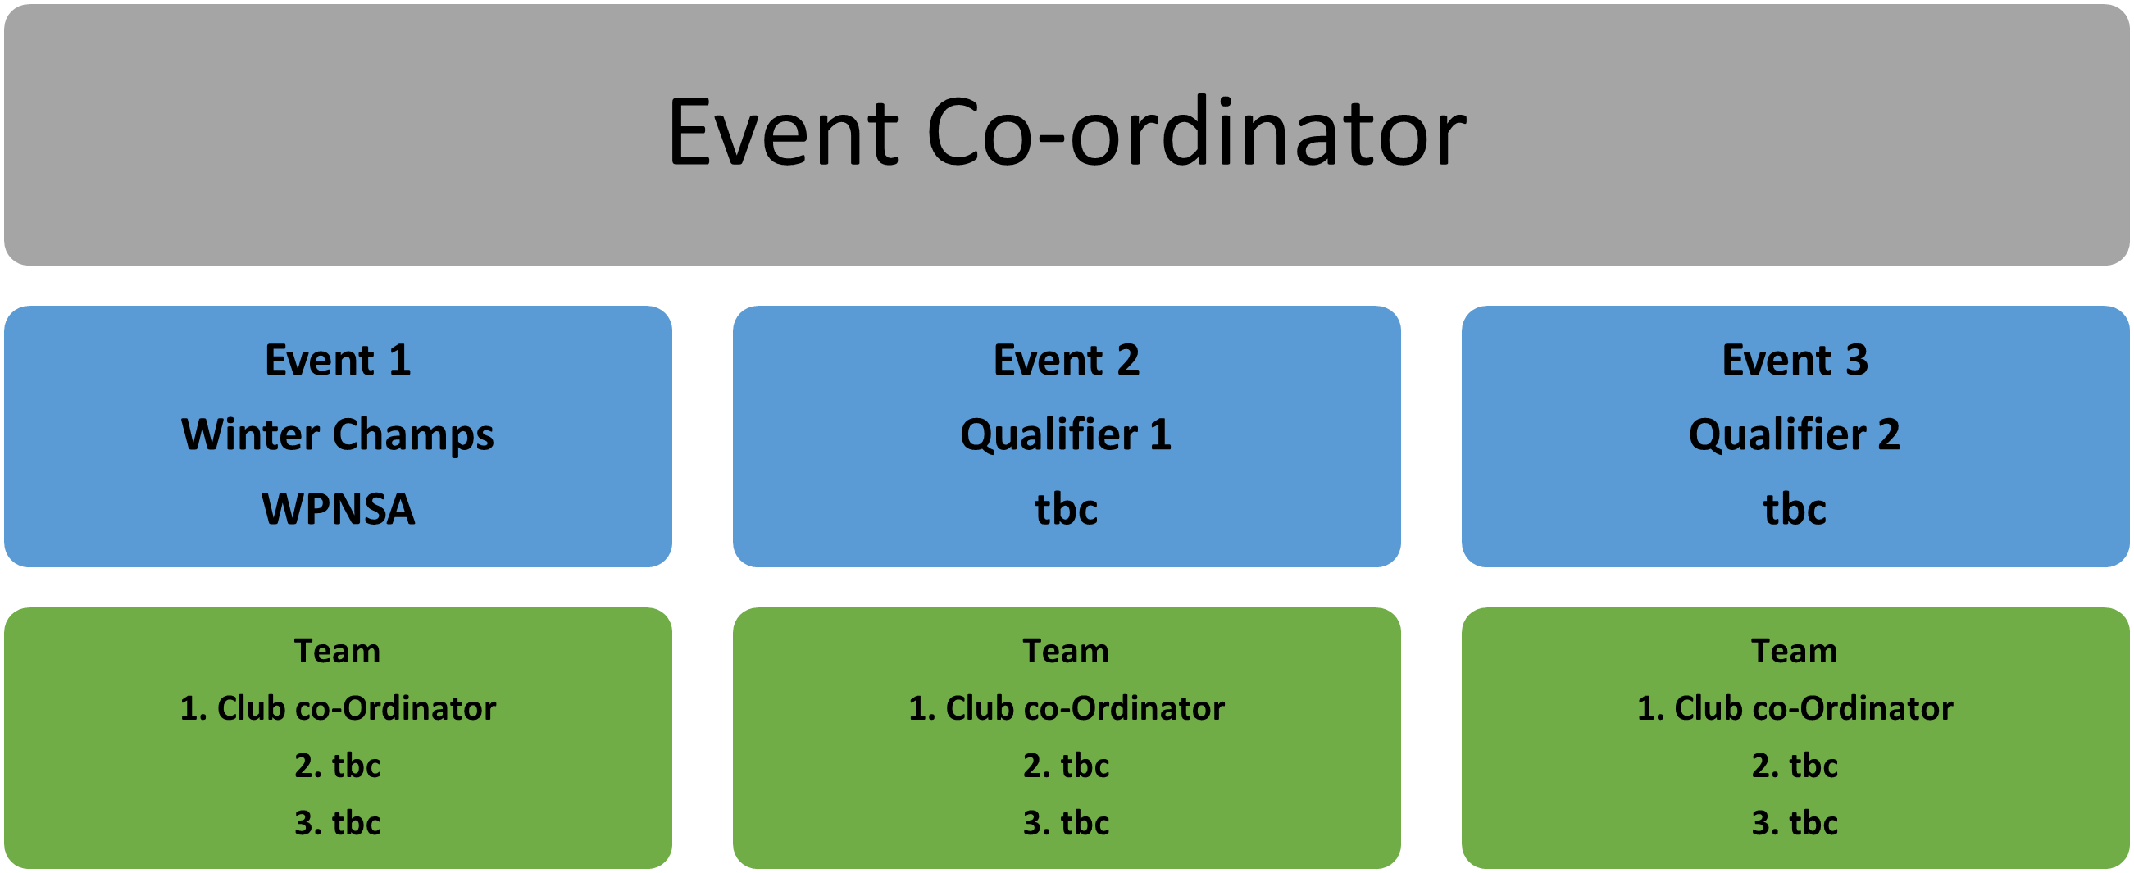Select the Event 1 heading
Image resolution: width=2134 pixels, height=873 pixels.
(338, 361)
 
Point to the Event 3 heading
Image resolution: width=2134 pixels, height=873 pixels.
(1795, 361)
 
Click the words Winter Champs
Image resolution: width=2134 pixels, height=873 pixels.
(338, 434)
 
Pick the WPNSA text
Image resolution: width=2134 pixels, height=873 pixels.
(338, 508)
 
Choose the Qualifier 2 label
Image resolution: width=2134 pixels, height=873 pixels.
(1795, 434)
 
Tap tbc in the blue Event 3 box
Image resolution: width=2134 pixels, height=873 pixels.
(1795, 508)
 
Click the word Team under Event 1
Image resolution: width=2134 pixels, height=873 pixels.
(338, 651)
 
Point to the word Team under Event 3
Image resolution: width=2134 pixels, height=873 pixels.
(1795, 651)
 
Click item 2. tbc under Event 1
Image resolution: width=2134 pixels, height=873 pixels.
(338, 766)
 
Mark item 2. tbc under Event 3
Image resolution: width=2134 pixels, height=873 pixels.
(1795, 766)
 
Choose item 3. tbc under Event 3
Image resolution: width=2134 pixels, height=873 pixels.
(1795, 822)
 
